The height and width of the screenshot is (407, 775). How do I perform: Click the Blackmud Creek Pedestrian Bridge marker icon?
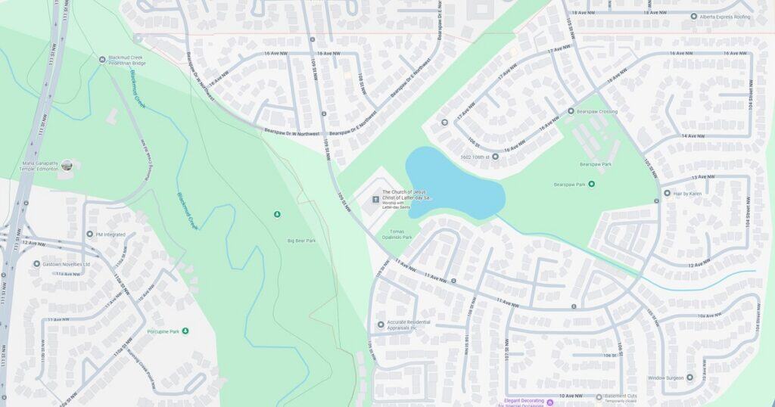click(x=103, y=59)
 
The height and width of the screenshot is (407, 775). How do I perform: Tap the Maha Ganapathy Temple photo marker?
click(x=67, y=165)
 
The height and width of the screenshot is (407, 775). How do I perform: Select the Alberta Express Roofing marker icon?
click(x=693, y=16)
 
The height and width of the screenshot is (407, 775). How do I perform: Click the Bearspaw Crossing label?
click(x=598, y=111)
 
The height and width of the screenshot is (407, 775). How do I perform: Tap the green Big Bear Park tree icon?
click(x=277, y=215)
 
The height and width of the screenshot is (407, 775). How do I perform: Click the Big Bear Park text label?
click(x=301, y=241)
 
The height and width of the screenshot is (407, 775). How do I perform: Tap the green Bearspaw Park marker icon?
click(x=591, y=184)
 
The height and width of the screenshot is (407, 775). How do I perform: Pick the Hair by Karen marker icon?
click(x=667, y=193)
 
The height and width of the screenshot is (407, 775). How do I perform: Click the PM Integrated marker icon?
click(x=89, y=235)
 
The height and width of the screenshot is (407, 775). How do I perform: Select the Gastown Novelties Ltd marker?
click(x=36, y=264)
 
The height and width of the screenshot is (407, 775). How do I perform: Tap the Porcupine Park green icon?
click(x=185, y=331)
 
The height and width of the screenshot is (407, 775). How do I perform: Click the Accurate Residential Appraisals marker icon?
click(x=381, y=325)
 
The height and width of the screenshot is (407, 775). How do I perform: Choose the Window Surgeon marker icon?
click(x=689, y=377)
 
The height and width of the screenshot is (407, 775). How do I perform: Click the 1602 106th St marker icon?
click(x=495, y=157)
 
